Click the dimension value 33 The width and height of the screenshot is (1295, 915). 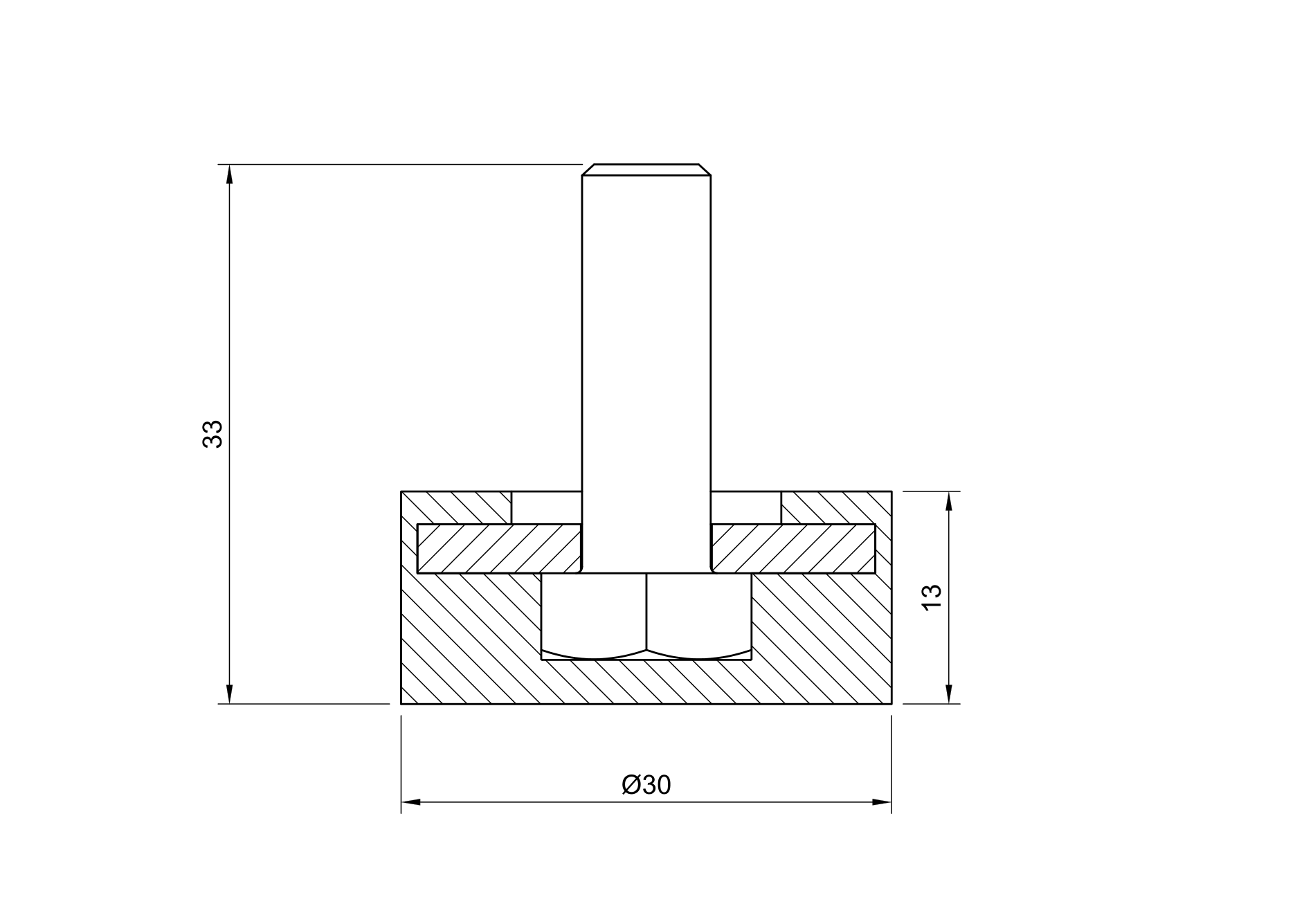point(212,434)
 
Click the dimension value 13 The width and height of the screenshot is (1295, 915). point(932,597)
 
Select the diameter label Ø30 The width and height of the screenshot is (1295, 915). point(646,785)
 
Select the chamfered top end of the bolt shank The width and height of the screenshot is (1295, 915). point(646,170)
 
